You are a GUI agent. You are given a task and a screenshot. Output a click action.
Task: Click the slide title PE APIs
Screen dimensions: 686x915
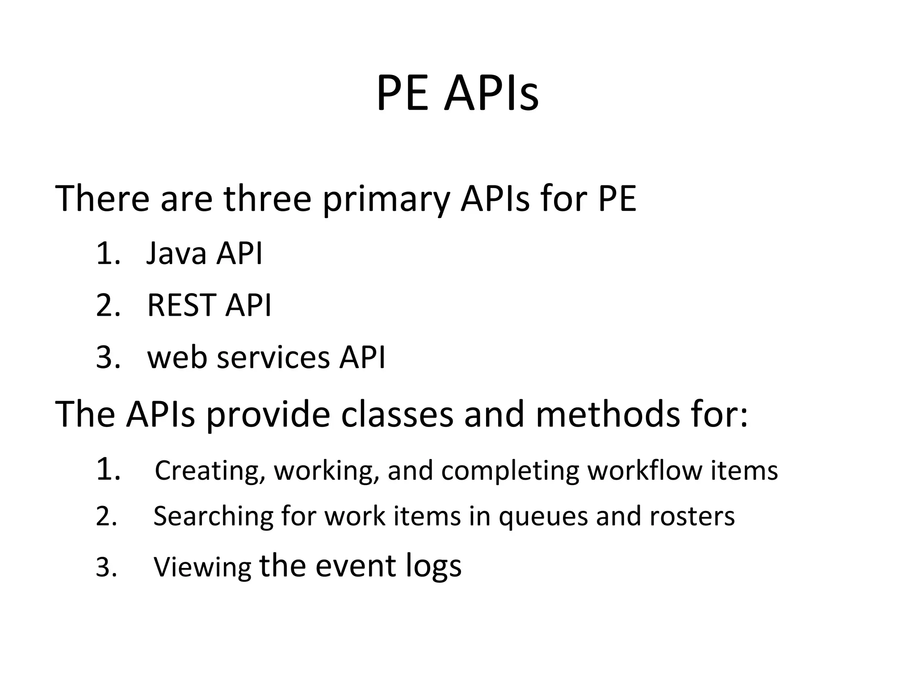[457, 94]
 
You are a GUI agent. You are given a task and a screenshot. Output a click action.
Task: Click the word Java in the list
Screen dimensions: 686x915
[176, 253]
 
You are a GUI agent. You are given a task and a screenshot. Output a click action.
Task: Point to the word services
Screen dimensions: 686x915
[273, 357]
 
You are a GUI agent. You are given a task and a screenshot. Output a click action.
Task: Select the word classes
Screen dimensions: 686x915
[397, 414]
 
